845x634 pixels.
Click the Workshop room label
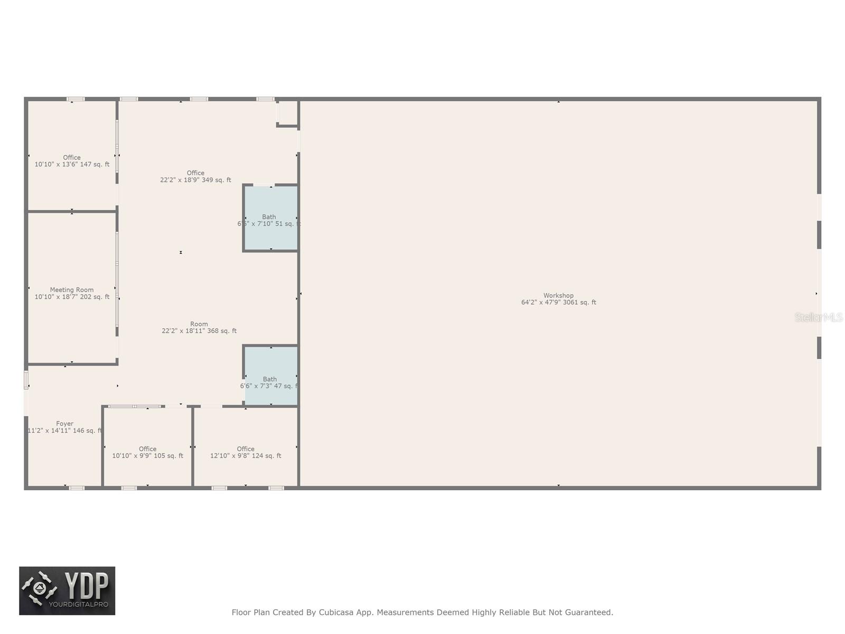[x=558, y=296]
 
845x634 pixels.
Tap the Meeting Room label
[x=72, y=290]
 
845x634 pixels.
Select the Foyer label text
[x=65, y=424]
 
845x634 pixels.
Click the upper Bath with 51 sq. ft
[x=269, y=217]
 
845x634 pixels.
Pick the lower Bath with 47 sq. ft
[x=270, y=379]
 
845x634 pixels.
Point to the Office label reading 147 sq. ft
[x=72, y=157]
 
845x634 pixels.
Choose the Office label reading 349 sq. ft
[x=195, y=173]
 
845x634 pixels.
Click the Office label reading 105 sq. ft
[x=148, y=449]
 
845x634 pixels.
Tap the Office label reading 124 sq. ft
[x=246, y=449]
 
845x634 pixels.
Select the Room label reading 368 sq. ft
[x=199, y=324]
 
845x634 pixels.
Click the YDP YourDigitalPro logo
[x=67, y=591]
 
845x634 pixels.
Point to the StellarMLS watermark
[x=819, y=318]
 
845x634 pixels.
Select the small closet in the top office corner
[x=288, y=113]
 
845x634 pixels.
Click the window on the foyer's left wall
[x=26, y=380]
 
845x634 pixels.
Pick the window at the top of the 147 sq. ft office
[x=76, y=99]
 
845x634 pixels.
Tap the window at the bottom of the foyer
[x=77, y=488]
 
